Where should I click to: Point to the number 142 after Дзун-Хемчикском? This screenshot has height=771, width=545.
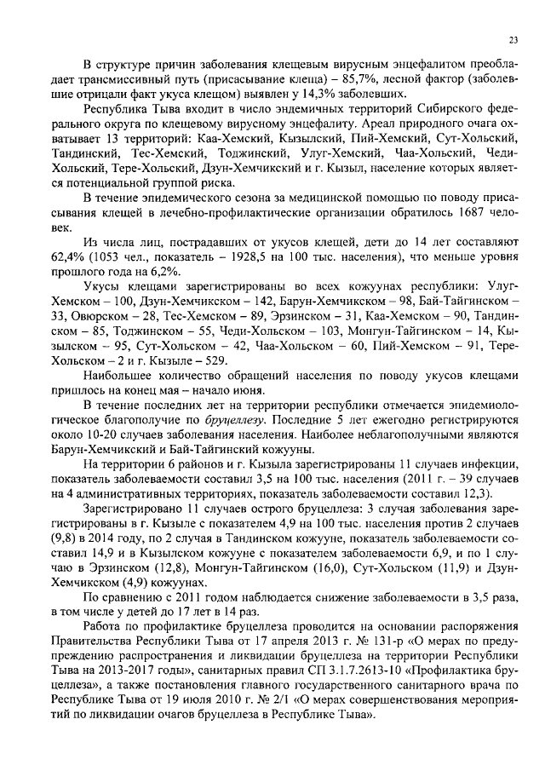pyautogui.click(x=231, y=296)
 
